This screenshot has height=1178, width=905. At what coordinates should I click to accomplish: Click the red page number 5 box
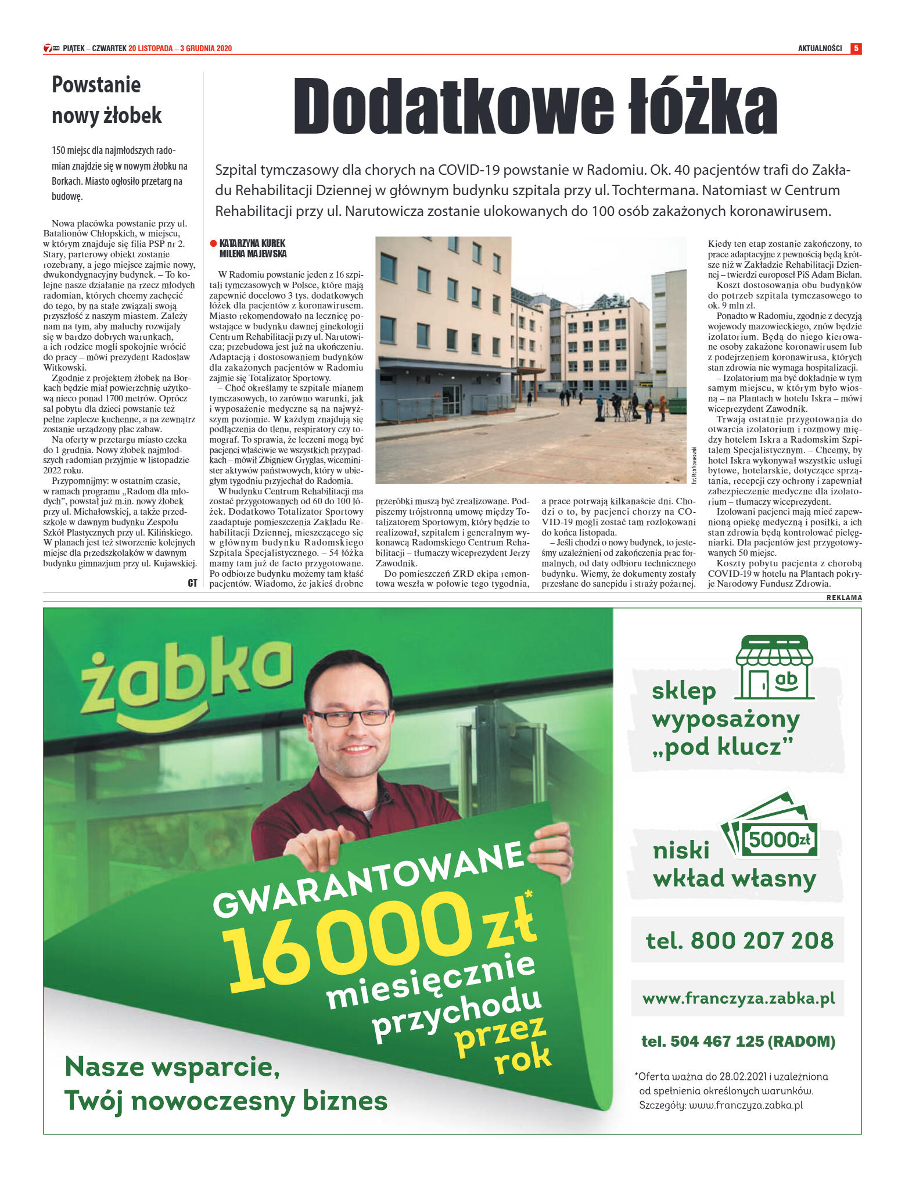pos(855,48)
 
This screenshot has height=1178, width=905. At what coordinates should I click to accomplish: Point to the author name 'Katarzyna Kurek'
pos(253,243)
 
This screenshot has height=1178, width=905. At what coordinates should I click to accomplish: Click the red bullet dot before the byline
pos(213,243)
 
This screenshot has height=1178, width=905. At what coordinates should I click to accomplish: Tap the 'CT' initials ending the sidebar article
pos(192,583)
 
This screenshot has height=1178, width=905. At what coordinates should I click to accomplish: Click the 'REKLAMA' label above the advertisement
pos(844,598)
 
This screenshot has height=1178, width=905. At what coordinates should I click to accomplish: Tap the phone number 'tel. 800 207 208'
pos(739,940)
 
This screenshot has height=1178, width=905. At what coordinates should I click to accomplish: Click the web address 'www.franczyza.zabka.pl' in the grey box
pos(738,999)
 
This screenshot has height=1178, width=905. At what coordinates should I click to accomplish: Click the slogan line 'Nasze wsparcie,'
pos(173,1066)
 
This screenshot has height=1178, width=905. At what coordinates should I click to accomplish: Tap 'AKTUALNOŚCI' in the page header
pos(820,48)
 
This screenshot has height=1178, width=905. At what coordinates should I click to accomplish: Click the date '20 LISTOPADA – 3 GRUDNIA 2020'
pos(180,48)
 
